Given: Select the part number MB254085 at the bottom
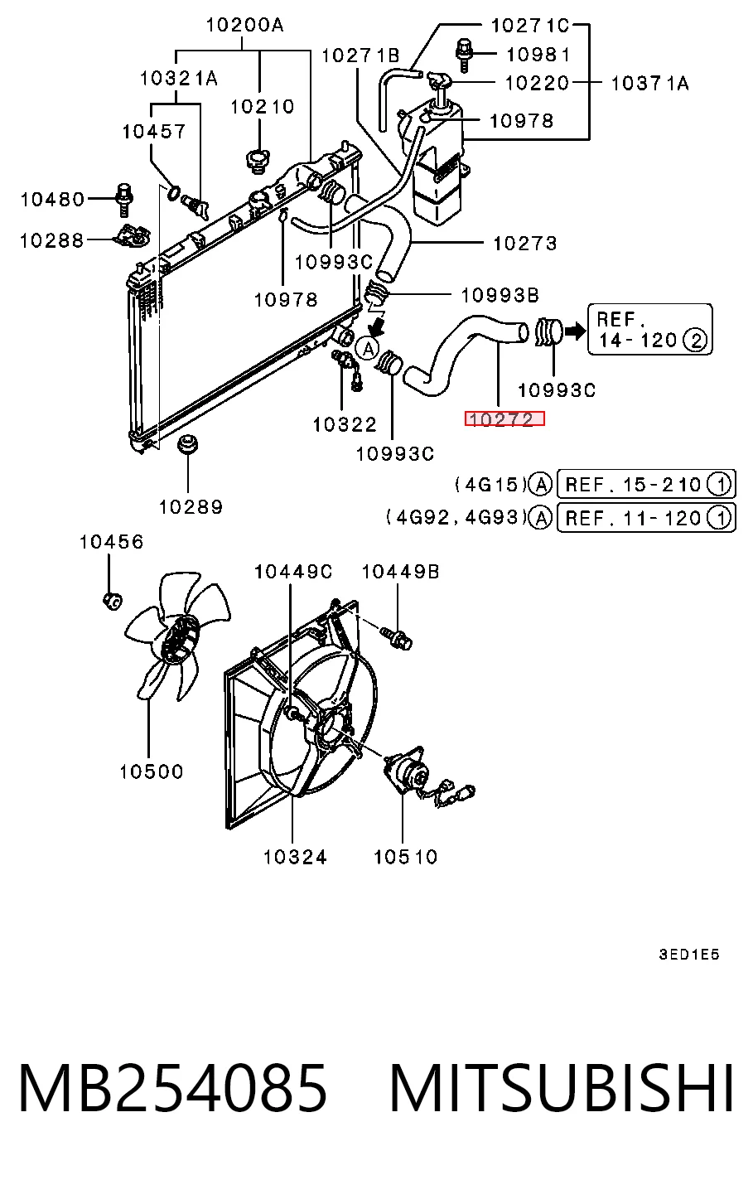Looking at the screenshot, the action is tap(172, 1088).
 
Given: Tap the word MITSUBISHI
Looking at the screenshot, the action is tap(562, 1088).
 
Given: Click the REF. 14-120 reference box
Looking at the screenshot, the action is tap(649, 329).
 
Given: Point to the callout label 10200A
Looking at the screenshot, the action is tap(244, 25).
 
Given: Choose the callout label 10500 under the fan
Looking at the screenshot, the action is tap(151, 771).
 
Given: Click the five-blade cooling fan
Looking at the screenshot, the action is tap(176, 636).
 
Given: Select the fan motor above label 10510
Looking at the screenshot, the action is tap(407, 773).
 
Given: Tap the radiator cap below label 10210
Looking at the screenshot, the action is tap(258, 161).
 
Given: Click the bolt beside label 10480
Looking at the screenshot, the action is tap(124, 200).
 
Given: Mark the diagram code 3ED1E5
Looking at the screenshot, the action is tap(688, 954).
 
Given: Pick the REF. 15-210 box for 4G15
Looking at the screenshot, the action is tap(646, 484).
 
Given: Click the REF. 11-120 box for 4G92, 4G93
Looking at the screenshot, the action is tap(646, 518).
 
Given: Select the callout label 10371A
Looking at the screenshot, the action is tap(649, 83).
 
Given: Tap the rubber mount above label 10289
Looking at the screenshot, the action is tap(187, 444).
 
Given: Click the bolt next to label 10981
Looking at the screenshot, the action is tap(463, 54).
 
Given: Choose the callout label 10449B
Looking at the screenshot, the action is tap(400, 571).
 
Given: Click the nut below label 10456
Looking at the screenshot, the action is tap(112, 600).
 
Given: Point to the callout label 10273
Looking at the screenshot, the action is tap(524, 243).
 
